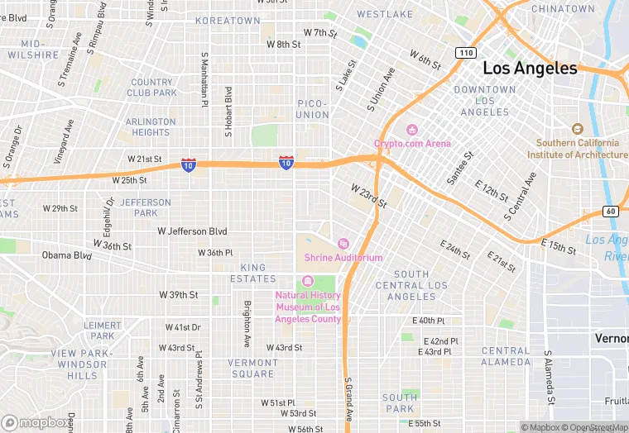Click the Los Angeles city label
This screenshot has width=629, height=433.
click(x=529, y=69)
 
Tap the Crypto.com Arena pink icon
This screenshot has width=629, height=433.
click(x=411, y=130)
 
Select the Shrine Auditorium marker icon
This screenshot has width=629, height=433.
click(x=343, y=243)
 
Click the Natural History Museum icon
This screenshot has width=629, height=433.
click(x=308, y=281)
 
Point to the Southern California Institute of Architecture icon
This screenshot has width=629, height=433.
click(x=578, y=129)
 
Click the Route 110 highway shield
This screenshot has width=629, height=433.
click(x=466, y=53)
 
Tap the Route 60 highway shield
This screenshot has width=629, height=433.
click(x=610, y=211)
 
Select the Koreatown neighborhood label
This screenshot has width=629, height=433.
click(x=228, y=20)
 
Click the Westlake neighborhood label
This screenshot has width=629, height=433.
click(x=385, y=15)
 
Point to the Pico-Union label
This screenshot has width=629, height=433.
click(x=313, y=109)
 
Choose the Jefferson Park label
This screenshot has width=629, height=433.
click(x=146, y=207)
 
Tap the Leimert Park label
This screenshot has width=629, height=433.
click(x=103, y=331)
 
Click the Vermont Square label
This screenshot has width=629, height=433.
click(x=252, y=368)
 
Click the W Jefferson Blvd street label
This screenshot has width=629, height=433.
click(x=192, y=232)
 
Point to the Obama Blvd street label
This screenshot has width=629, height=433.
click(x=67, y=255)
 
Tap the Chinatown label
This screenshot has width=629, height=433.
click(x=563, y=9)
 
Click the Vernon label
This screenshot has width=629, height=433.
click(x=612, y=339)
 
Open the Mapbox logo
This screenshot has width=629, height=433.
click(x=36, y=422)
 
